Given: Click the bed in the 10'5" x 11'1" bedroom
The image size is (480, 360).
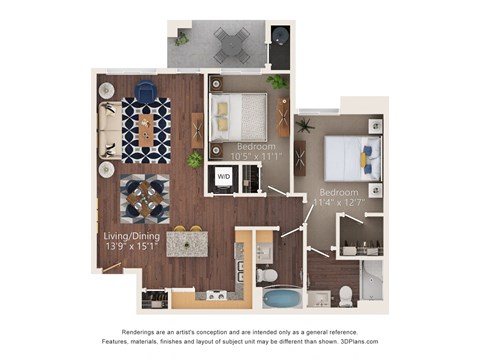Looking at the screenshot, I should point(241,113).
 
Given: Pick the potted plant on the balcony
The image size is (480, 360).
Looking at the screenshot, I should point(181,38).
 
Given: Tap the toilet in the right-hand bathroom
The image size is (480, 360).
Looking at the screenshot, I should point(346,294).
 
